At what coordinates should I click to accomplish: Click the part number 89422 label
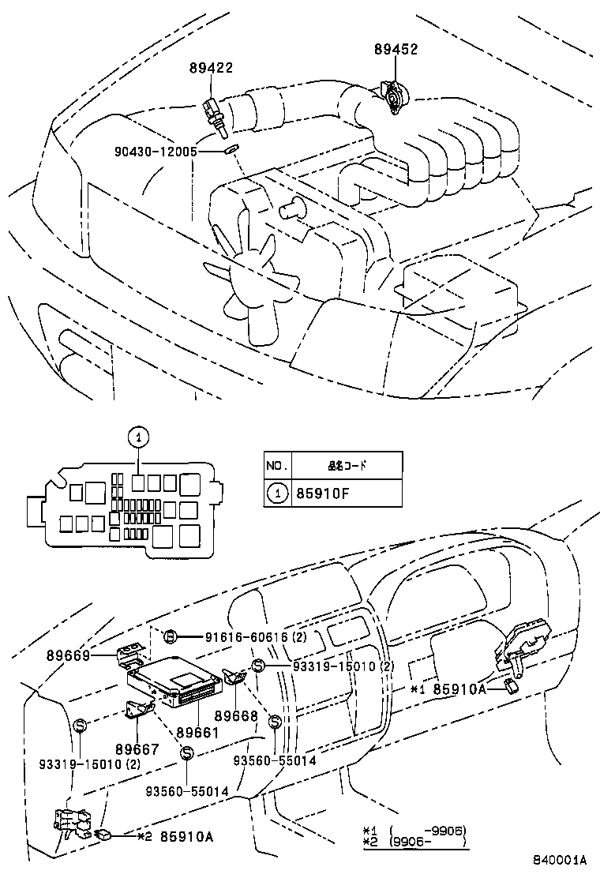(211, 69)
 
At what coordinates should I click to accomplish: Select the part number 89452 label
(396, 50)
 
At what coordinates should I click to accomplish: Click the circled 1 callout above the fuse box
(137, 435)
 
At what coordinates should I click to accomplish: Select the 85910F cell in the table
(321, 494)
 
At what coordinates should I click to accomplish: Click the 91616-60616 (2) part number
(245, 637)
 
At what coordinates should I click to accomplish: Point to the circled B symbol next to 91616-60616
(170, 636)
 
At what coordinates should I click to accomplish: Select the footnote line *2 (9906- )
(414, 842)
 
